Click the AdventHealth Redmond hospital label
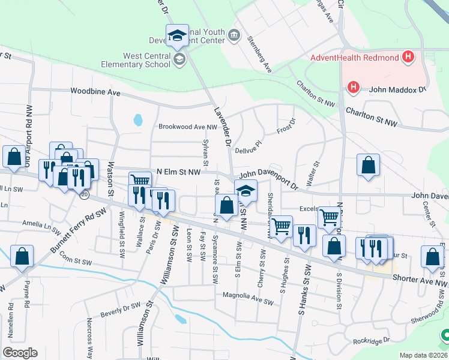[x=355, y=58]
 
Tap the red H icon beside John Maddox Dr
[x=354, y=88]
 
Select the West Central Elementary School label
[x=146, y=60]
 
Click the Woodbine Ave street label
[x=95, y=92]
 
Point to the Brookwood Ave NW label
[x=187, y=127]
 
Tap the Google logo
[x=20, y=352]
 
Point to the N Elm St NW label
[x=179, y=172]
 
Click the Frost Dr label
[x=285, y=127]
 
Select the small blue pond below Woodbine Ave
[x=138, y=120]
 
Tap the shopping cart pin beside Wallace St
[x=140, y=180]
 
